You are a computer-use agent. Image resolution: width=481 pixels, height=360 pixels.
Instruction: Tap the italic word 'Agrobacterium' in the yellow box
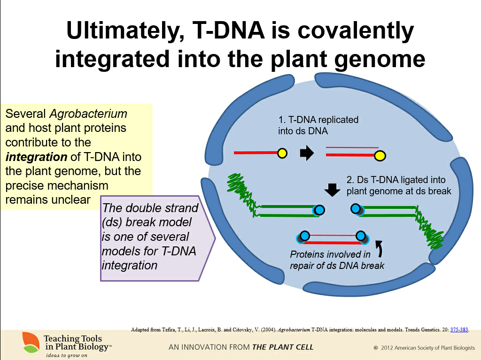coord(88,114)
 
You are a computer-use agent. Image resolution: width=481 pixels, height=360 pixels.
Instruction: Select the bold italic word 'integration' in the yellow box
coord(36,157)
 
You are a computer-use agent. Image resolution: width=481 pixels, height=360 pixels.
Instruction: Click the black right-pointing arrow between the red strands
coord(307,153)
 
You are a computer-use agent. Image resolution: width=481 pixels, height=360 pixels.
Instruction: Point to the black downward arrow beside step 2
coord(332,190)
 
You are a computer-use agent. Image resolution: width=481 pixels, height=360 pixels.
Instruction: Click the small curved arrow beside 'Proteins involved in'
coord(380,248)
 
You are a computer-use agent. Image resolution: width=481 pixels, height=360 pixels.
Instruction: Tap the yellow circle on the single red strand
coord(282,153)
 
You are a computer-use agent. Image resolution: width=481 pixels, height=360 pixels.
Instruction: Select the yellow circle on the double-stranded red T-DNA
coord(380,156)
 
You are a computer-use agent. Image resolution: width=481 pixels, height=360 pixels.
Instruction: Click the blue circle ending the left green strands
coord(319,210)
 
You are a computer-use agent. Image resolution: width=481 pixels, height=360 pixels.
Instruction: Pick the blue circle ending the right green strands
coord(356,209)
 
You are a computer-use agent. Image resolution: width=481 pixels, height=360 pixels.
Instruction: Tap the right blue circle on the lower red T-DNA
coord(361,236)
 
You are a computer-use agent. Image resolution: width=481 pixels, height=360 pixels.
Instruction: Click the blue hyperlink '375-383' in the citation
coord(459,329)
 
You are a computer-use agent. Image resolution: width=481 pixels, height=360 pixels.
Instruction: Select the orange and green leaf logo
coord(31,342)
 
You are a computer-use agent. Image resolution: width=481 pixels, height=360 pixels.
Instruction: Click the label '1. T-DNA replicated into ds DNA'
coord(318,125)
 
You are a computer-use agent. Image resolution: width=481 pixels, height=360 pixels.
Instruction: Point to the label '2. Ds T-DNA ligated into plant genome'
coord(399,185)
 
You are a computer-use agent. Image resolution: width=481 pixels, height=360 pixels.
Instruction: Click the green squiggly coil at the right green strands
coord(429,227)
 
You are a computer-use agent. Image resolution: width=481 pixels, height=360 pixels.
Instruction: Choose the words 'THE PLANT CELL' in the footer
coord(282,347)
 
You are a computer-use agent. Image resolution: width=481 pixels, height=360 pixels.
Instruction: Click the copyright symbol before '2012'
coord(375,348)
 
